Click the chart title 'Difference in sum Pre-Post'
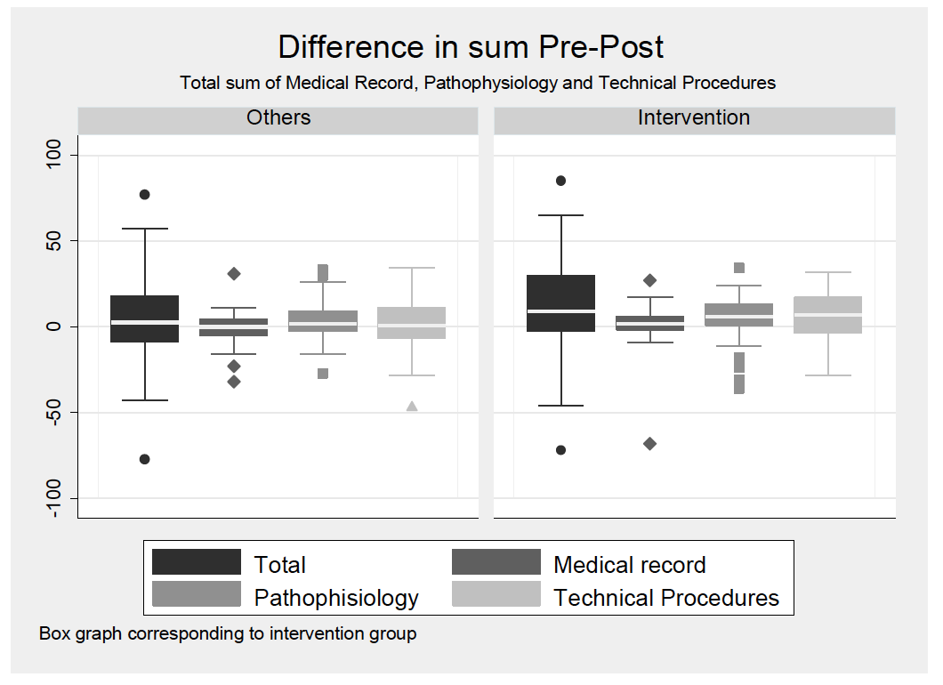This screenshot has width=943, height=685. tap(471, 46)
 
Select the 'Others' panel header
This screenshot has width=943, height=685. tap(278, 118)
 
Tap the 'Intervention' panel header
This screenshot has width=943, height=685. tap(694, 118)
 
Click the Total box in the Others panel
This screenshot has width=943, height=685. tap(145, 318)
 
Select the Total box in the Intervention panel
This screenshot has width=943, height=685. tap(561, 303)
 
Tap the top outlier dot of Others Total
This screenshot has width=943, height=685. tap(145, 194)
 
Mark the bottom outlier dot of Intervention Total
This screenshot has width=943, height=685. tap(561, 450)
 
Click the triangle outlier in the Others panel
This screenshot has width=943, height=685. tap(412, 407)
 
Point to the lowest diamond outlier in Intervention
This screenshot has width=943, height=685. tap(650, 444)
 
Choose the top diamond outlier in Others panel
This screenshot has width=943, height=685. tap(234, 274)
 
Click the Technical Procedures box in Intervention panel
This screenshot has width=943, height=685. tap(828, 315)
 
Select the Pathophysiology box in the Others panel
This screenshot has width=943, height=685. tap(323, 321)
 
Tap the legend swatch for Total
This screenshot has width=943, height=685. tap(196, 562)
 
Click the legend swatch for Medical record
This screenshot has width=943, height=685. tap(496, 562)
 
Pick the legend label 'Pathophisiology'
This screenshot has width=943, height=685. tap(336, 597)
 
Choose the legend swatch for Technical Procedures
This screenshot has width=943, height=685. tap(496, 594)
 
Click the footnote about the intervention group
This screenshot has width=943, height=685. tap(228, 634)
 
